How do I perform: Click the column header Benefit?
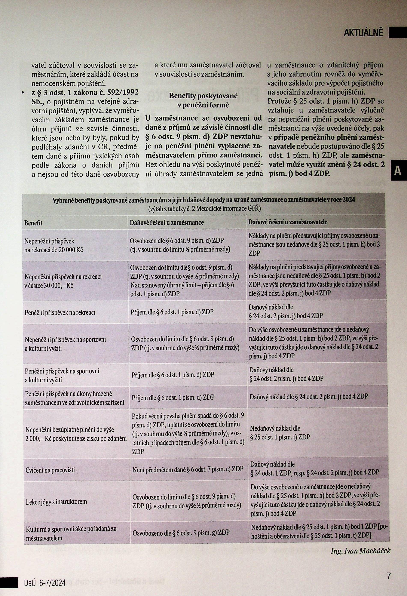pos(33,223)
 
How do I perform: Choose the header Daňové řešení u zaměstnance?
pos(167,222)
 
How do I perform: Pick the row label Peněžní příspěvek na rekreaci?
pos(60,312)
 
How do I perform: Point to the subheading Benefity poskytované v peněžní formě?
pos(203,101)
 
